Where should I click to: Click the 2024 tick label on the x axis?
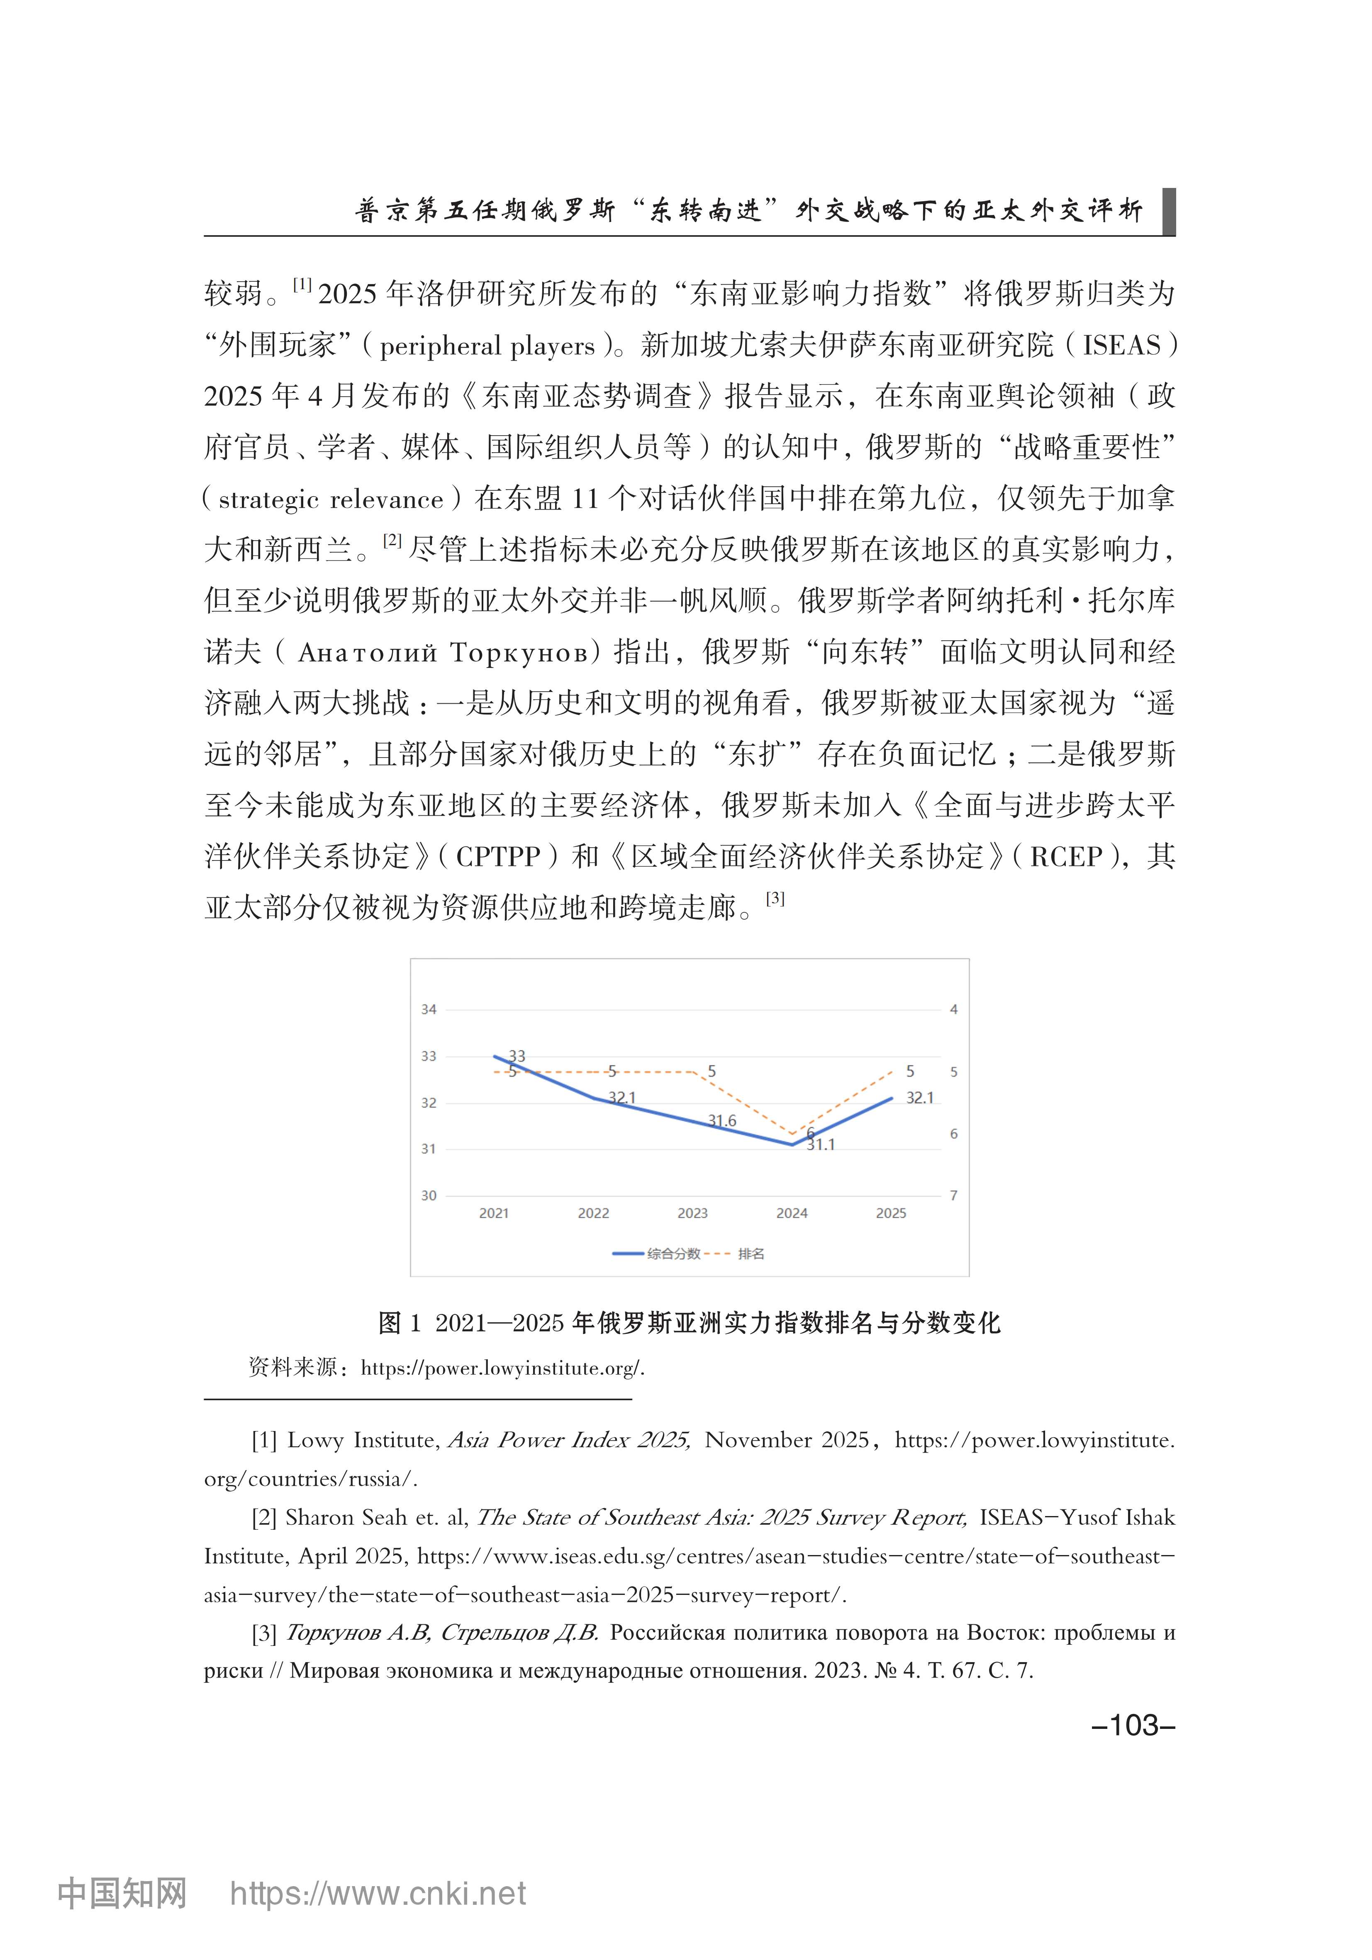(x=792, y=1213)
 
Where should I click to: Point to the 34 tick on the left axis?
(x=429, y=1009)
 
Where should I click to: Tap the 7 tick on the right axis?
(x=954, y=1195)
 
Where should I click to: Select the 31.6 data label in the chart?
(x=722, y=1121)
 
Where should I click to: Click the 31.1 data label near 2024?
(x=821, y=1145)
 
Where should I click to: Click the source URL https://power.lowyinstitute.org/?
(x=502, y=1368)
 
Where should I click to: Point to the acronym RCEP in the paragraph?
(x=1065, y=856)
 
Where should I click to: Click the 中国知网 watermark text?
(x=122, y=1894)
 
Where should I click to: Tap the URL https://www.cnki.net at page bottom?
(x=378, y=1894)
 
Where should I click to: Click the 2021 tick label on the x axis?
(x=493, y=1213)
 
